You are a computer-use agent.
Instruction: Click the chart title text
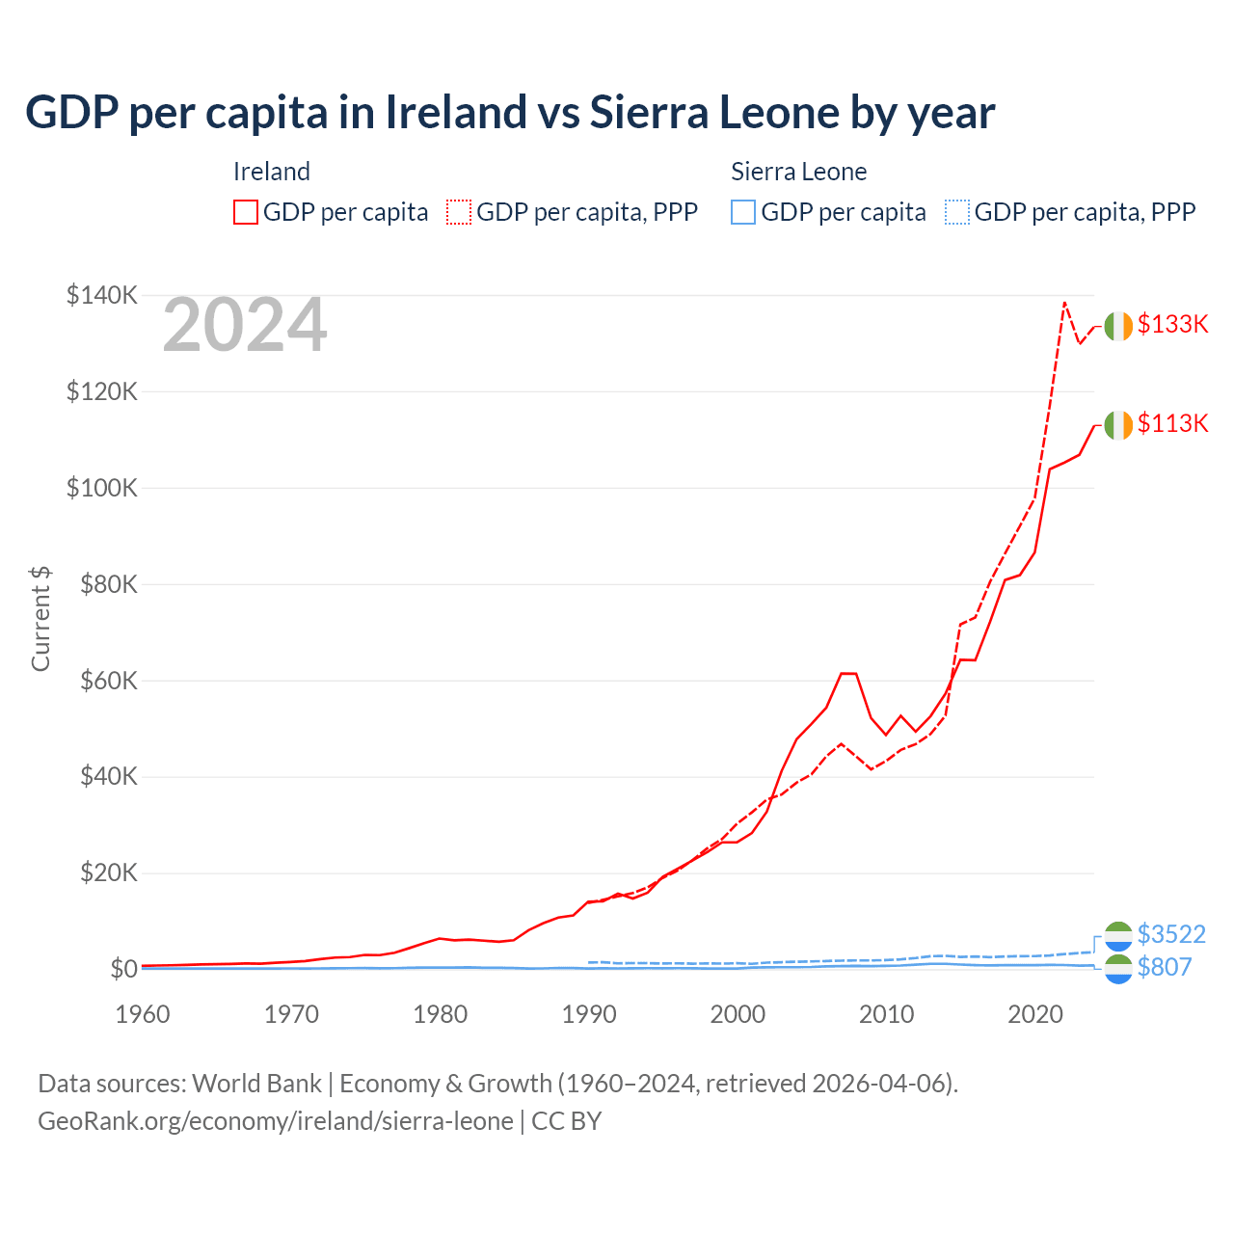click(x=509, y=113)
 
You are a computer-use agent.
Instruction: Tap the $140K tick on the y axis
click(x=101, y=295)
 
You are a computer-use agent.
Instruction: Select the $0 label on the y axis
click(x=122, y=969)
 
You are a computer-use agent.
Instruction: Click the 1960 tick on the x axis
click(x=143, y=1014)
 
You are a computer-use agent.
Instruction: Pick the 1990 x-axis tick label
click(x=589, y=1014)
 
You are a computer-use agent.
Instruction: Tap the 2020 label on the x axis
click(x=1035, y=1014)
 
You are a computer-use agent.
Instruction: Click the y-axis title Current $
click(x=40, y=619)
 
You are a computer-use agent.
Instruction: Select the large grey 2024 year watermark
click(x=245, y=326)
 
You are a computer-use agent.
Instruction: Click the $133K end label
click(x=1172, y=324)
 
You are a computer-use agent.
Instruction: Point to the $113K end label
click(x=1172, y=423)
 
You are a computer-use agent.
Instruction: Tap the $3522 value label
click(x=1171, y=934)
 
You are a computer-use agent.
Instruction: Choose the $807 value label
click(x=1165, y=967)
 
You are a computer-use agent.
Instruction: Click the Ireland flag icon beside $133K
click(x=1118, y=327)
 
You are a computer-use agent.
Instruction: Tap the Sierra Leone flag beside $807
click(x=1118, y=970)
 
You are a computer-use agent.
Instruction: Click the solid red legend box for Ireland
click(x=246, y=212)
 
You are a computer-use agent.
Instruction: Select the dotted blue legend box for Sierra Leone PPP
click(x=957, y=212)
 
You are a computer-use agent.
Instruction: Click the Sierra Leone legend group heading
click(x=798, y=172)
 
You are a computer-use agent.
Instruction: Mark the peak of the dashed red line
click(x=1064, y=303)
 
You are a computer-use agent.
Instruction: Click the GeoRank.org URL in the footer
click(x=275, y=1121)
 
